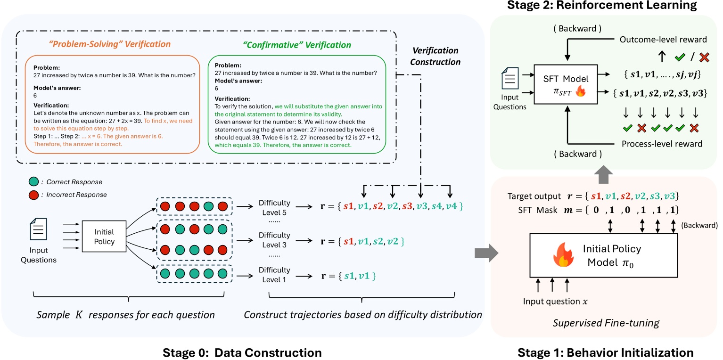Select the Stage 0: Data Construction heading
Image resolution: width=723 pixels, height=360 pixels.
[242, 352]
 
